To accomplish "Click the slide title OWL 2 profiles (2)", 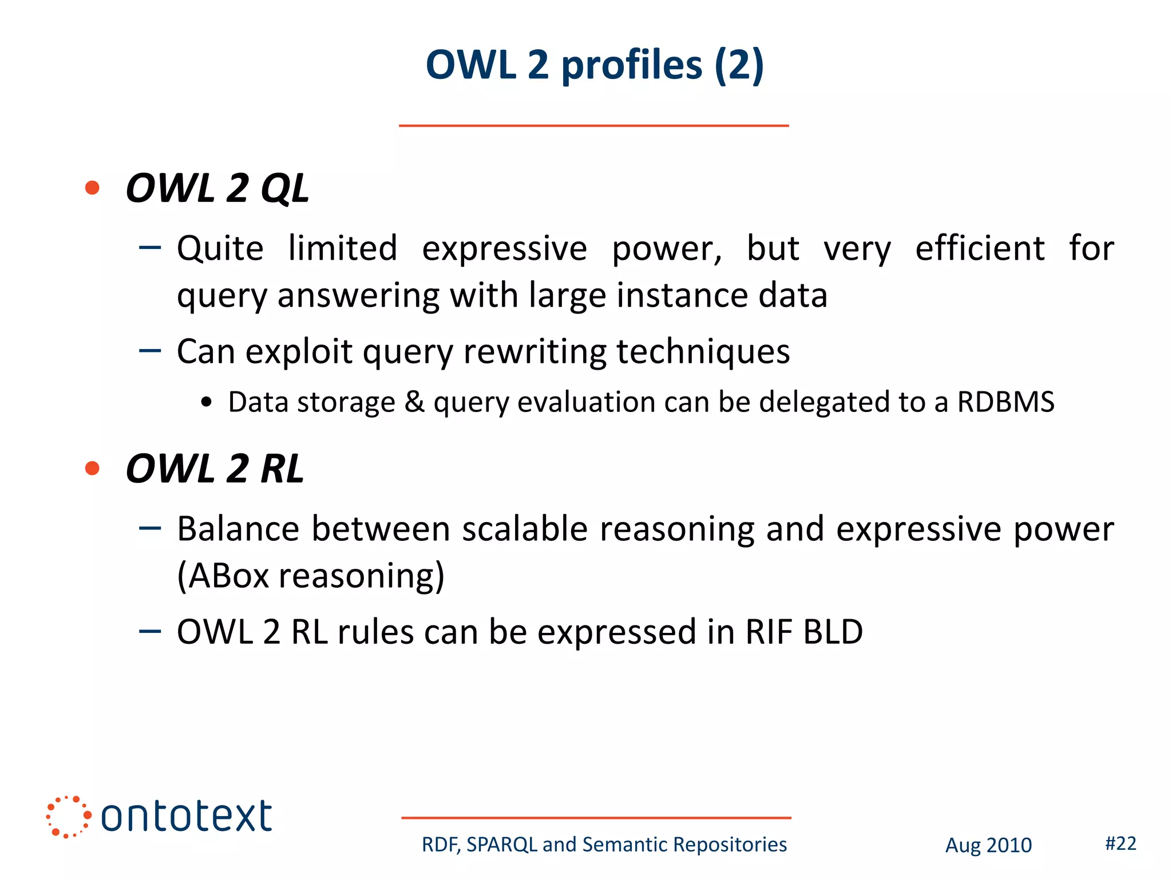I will click(x=595, y=65).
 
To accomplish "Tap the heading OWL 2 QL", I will click(x=217, y=188).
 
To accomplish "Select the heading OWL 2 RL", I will click(x=215, y=469).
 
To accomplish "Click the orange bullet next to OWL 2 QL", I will click(x=92, y=188).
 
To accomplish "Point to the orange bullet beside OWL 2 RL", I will click(x=92, y=468).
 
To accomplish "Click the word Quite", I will click(x=220, y=250).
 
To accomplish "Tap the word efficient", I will click(x=980, y=248).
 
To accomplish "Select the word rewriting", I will click(x=534, y=351).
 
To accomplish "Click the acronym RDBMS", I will click(x=1005, y=402).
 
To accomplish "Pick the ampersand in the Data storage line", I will click(x=414, y=402).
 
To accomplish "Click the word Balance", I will click(x=237, y=529).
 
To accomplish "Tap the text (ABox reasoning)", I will click(x=311, y=576).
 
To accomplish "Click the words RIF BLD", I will click(x=803, y=632).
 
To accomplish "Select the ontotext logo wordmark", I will click(x=186, y=816).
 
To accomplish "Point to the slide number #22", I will click(x=1120, y=844).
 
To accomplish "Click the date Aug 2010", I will click(x=988, y=845).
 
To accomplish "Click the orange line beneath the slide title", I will click(x=593, y=125).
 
